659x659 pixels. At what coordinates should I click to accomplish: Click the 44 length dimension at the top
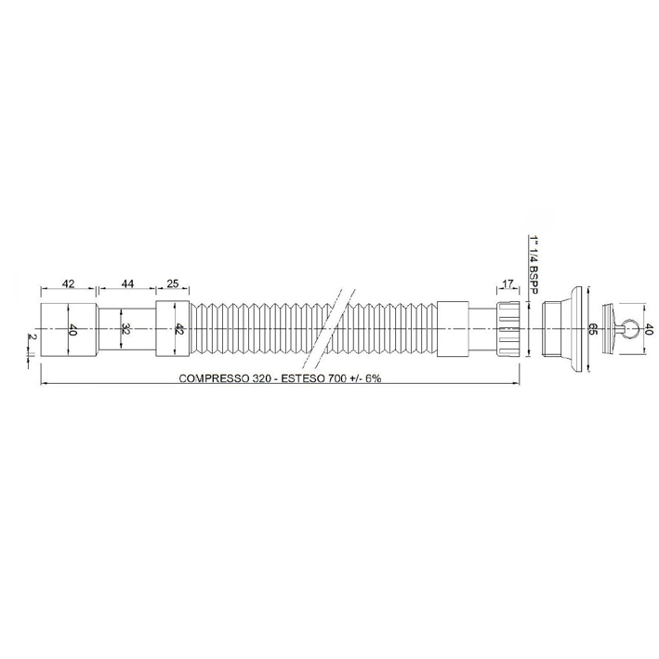[x=126, y=283]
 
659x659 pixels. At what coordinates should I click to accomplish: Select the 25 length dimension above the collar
[x=172, y=283]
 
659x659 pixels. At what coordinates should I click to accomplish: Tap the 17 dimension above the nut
[x=507, y=283]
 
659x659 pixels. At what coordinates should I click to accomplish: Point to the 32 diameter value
[x=125, y=328]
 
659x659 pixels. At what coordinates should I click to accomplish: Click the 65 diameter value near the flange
[x=592, y=329]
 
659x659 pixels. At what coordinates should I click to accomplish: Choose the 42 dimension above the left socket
[x=68, y=283]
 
